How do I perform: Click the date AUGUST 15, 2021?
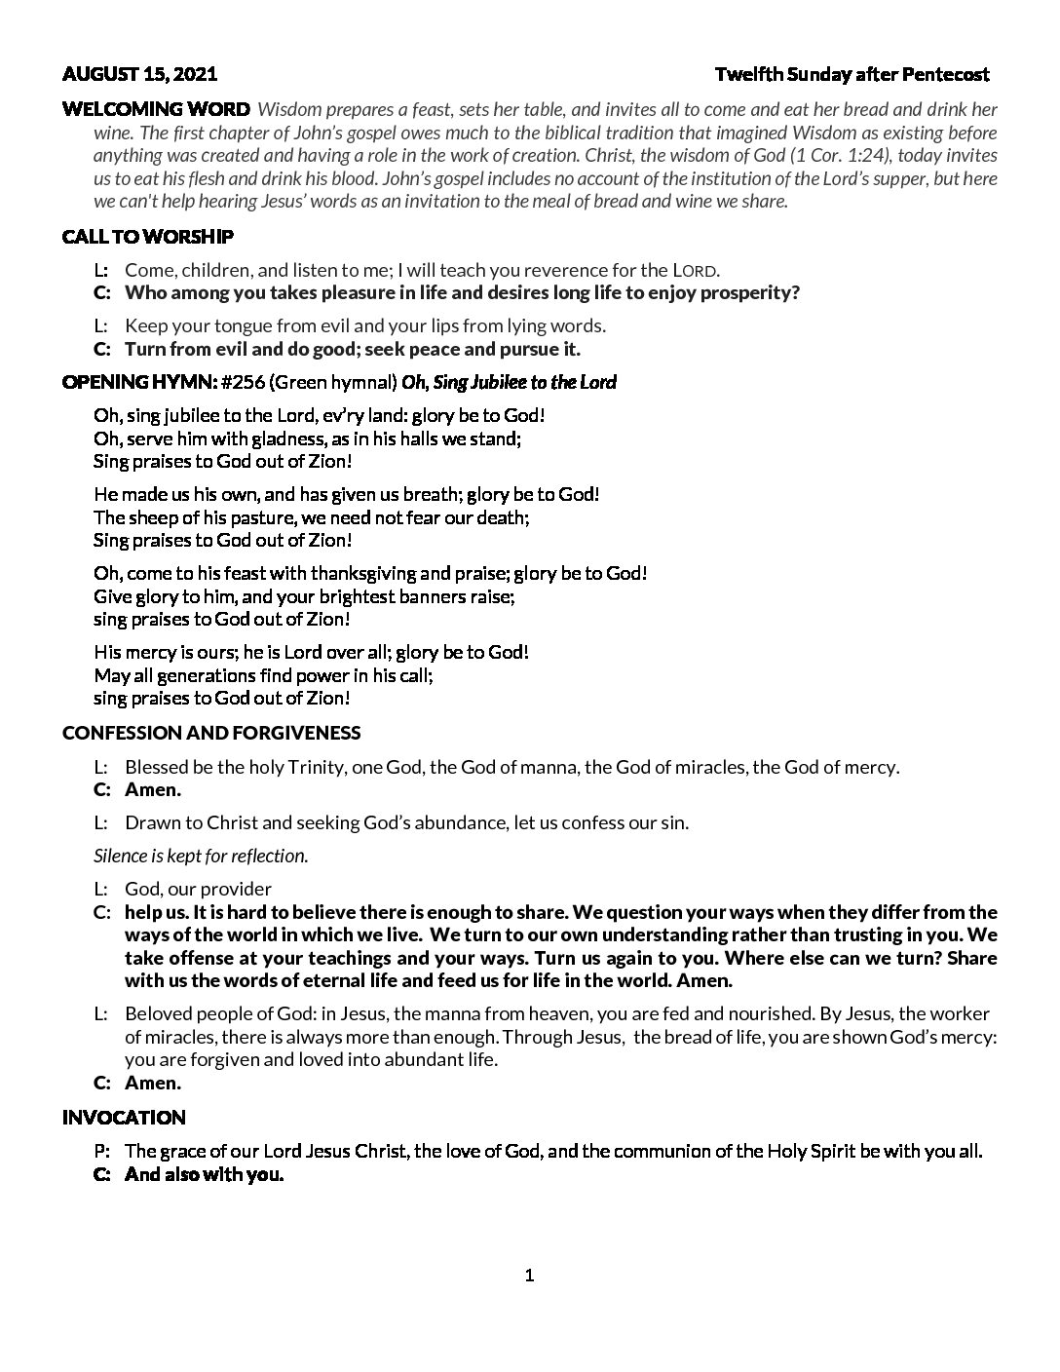(139, 74)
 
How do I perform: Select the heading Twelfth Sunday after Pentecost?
(852, 74)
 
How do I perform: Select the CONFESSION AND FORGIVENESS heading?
(211, 733)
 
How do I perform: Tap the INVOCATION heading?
(124, 1118)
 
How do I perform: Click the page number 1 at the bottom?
(529, 1276)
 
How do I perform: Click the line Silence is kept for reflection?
(201, 856)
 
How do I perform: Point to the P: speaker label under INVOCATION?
(101, 1152)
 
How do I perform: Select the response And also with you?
(204, 1175)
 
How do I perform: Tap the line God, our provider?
(199, 889)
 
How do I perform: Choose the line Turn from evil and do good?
(353, 349)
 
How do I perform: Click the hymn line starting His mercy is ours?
(311, 652)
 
